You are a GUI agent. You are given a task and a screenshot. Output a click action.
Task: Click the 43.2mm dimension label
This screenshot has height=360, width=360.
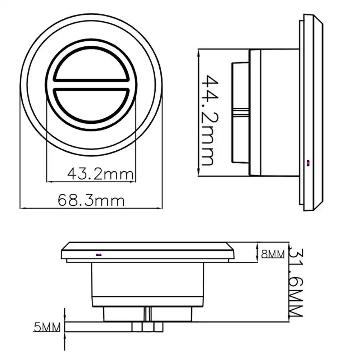[x=100, y=174]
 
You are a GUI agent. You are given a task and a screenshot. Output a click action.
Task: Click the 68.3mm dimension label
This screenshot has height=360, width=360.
[x=91, y=200]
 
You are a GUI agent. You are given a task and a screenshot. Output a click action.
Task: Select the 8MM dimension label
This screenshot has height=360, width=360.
[x=273, y=254]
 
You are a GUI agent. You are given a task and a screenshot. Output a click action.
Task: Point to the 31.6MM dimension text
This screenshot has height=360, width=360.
[x=296, y=283]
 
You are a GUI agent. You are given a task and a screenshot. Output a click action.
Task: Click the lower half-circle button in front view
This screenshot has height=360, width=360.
[x=91, y=104]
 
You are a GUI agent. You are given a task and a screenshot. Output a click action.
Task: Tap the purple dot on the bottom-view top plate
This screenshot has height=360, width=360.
[x=99, y=255]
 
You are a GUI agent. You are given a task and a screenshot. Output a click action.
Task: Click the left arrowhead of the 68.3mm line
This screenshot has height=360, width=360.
[x=22, y=208]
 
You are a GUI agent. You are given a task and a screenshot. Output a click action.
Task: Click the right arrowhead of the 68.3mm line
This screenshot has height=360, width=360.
[x=160, y=208]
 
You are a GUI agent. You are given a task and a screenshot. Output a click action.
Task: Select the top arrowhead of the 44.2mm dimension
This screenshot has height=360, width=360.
[x=199, y=53]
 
